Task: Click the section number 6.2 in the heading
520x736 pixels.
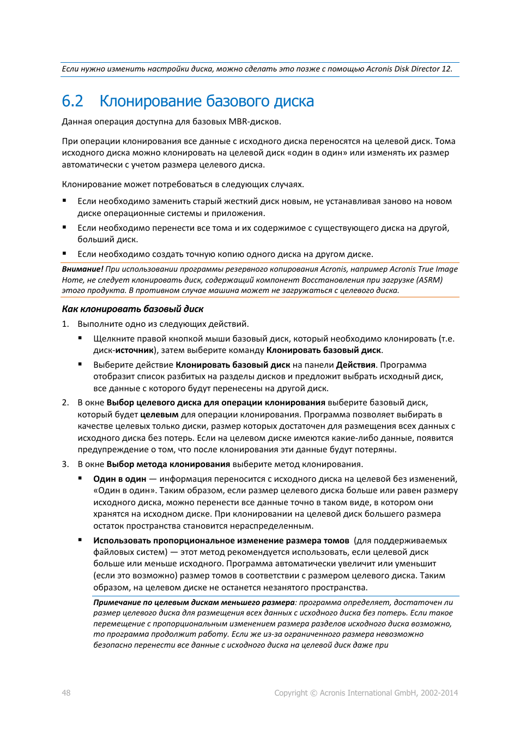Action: click(x=72, y=101)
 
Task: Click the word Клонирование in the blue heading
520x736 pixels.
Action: click(x=150, y=101)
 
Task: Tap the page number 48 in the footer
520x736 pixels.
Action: click(x=66, y=693)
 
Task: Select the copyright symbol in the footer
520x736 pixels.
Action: click(x=313, y=693)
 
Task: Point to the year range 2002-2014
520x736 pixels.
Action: click(x=439, y=693)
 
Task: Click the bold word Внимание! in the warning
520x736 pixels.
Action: click(x=82, y=269)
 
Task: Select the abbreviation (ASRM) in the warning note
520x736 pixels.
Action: click(x=430, y=280)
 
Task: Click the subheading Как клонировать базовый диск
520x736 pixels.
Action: click(x=132, y=309)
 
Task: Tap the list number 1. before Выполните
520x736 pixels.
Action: click(x=65, y=324)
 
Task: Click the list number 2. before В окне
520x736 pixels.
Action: click(x=65, y=403)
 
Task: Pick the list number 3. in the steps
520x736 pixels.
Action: click(x=65, y=464)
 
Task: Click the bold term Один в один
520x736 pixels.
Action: click(x=119, y=479)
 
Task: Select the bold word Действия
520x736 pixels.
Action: click(x=355, y=365)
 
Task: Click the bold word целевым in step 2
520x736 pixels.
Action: click(x=159, y=415)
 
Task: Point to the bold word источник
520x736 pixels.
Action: click(x=134, y=350)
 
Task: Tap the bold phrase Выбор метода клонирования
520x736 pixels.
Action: click(x=168, y=464)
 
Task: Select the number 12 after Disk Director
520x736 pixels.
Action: click(x=446, y=69)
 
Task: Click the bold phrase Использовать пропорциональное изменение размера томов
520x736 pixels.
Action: click(x=221, y=541)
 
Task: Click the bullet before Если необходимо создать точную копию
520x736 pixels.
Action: click(x=64, y=254)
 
